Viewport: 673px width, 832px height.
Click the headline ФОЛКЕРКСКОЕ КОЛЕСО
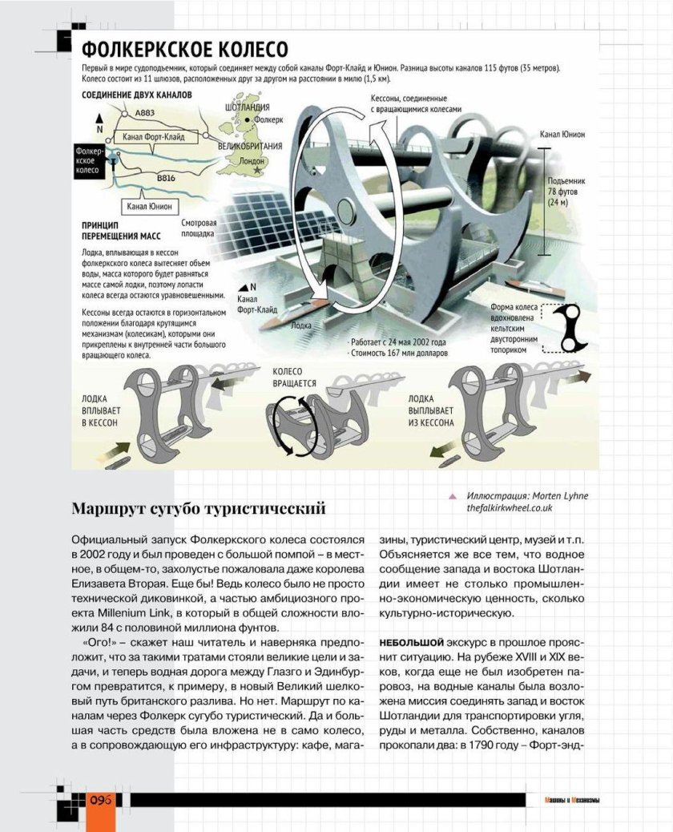click(x=185, y=50)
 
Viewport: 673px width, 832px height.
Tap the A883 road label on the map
click(x=145, y=113)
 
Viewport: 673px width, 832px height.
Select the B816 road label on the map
click(x=166, y=177)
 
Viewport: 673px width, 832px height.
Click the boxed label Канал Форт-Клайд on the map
click(x=154, y=137)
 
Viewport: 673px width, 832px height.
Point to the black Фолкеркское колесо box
click(x=87, y=160)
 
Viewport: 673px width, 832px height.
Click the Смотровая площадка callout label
click(x=199, y=228)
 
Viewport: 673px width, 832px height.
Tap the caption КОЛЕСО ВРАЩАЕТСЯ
click(x=295, y=378)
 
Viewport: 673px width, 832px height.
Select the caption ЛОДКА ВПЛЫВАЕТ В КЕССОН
click(x=100, y=410)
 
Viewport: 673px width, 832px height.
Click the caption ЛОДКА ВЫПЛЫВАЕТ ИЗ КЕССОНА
click(x=431, y=410)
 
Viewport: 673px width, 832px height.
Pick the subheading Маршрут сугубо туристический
click(x=199, y=508)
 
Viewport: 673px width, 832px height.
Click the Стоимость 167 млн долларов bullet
click(x=399, y=353)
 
